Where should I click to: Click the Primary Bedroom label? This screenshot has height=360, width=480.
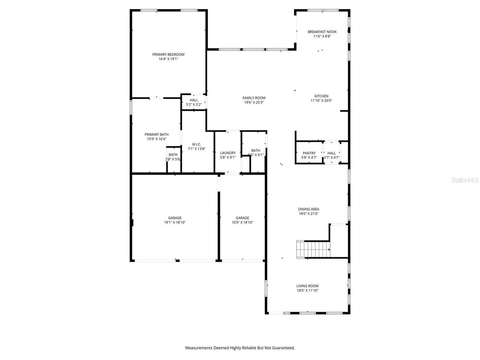(168, 54)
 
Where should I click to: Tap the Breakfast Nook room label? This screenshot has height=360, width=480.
(322, 32)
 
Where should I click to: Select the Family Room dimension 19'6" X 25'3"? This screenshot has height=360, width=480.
(254, 102)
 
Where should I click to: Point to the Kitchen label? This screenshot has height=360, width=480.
(321, 96)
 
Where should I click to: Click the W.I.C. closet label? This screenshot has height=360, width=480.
(196, 144)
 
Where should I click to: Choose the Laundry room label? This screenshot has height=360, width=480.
(228, 153)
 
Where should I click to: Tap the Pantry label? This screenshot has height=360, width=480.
(309, 153)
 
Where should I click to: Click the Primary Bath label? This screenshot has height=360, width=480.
(156, 135)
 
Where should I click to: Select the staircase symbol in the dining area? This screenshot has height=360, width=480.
(313, 249)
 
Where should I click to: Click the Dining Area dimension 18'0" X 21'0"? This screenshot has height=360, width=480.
(308, 214)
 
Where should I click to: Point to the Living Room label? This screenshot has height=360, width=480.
(307, 286)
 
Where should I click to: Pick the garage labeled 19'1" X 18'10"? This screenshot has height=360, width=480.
(175, 220)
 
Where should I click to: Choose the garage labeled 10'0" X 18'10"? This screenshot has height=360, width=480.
(242, 220)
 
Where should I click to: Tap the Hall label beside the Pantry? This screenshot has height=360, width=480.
(331, 153)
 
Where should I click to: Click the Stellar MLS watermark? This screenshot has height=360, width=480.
(465, 180)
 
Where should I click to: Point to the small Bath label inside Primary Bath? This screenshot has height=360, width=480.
(173, 154)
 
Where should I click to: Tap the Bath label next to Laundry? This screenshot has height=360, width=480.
(256, 150)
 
